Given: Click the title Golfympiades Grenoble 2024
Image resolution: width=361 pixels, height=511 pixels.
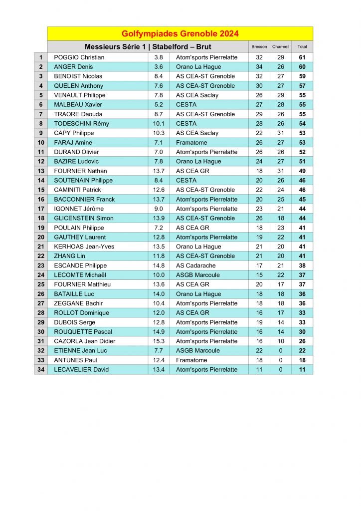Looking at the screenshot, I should tap(180, 34).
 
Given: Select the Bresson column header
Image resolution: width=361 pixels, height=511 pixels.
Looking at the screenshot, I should tap(259, 47).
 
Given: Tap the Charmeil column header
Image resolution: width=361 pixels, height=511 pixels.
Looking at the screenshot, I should tap(281, 47).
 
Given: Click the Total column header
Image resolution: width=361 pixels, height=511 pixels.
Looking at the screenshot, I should tap(302, 47).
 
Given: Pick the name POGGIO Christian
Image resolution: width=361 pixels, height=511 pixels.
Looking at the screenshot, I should tap(79, 57).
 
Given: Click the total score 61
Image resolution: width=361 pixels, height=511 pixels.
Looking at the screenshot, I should tap(302, 57).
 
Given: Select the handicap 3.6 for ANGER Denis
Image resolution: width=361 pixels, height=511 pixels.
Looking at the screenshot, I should tap(159, 67).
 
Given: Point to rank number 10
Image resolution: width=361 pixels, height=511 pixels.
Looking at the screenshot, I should tap(41, 143).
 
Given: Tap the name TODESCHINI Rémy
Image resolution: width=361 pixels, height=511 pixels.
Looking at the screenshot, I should tap(81, 124).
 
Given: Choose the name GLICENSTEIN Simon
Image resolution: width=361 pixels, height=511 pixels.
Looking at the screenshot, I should tap(84, 218).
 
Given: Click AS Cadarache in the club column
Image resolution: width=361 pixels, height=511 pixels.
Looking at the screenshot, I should tap(195, 265).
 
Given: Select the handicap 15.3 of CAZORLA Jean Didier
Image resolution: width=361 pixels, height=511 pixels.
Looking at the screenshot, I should tap(159, 341).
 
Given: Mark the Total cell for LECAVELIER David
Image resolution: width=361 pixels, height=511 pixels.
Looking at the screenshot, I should tap(302, 370).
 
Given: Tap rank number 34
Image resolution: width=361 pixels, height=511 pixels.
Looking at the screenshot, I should tap(41, 370).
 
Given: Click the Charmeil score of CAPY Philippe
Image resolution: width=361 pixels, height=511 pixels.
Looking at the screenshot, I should tap(281, 133).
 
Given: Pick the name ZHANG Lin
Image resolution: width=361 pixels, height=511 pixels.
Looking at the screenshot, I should tap(69, 256).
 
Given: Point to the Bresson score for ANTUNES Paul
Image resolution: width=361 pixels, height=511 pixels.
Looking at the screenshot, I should tap(259, 360).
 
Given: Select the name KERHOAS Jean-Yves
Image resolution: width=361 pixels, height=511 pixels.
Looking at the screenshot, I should tap(84, 247).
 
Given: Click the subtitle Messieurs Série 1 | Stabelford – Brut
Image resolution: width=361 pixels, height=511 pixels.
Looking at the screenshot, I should tap(148, 47).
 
